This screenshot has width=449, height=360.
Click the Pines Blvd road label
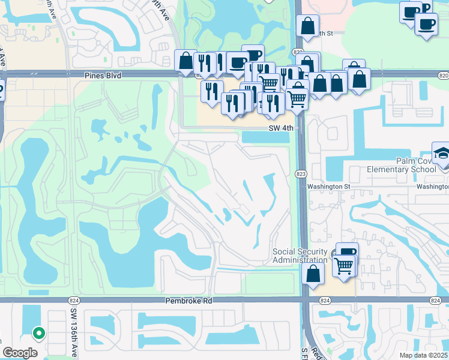tap(103, 76)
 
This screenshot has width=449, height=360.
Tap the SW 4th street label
tap(281, 128)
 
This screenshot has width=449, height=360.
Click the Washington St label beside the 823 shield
tap(328, 187)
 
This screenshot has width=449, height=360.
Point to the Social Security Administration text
tap(300, 256)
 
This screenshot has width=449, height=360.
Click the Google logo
tap(20, 353)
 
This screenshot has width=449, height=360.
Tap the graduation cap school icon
tap(441, 152)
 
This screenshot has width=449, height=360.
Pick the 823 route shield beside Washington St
tap(301, 173)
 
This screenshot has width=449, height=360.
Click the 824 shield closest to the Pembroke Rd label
tap(325, 300)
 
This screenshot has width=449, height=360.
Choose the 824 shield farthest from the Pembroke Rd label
tap(436, 300)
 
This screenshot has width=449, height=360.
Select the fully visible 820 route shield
tap(443, 76)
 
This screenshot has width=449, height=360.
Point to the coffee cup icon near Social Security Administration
tap(346, 251)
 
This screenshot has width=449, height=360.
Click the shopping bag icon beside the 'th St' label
tap(307, 26)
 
